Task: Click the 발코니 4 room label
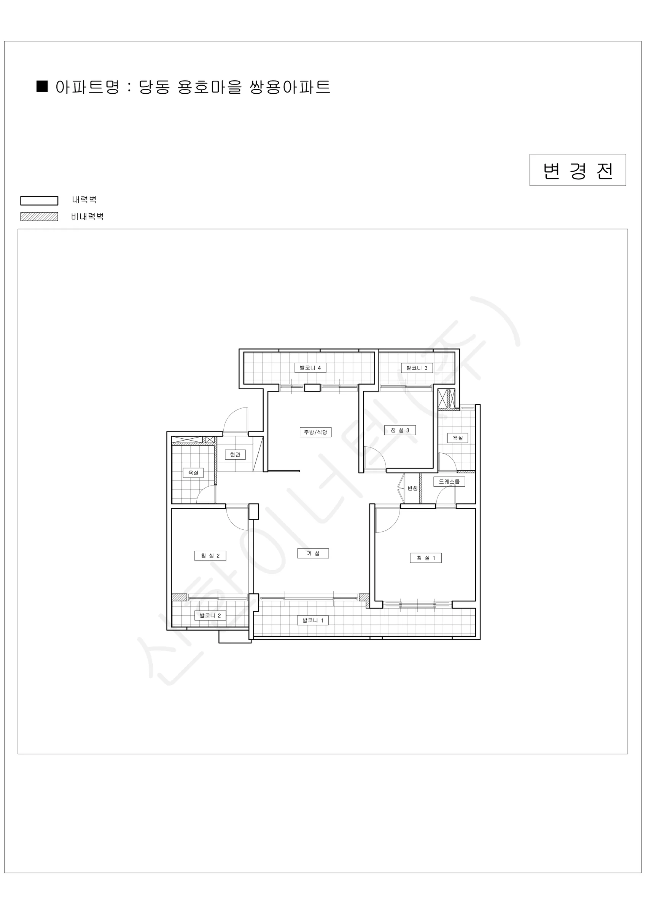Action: pos(310,368)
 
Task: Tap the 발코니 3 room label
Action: pos(417,368)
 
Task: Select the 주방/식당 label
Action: pos(315,432)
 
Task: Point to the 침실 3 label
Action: pos(400,430)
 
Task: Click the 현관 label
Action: pos(235,454)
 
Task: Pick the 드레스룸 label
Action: pos(449,481)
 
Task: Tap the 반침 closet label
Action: pos(412,489)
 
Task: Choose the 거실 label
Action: pos(313,553)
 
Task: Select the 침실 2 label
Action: pos(210,556)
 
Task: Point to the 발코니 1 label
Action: pos(313,620)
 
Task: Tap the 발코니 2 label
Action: pos(210,615)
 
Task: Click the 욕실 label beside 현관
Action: pos(193,473)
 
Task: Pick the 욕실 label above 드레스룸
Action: pos(457,438)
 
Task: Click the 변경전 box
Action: pos(578,170)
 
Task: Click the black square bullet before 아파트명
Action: pos(42,86)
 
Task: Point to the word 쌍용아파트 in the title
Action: pos(290,87)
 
